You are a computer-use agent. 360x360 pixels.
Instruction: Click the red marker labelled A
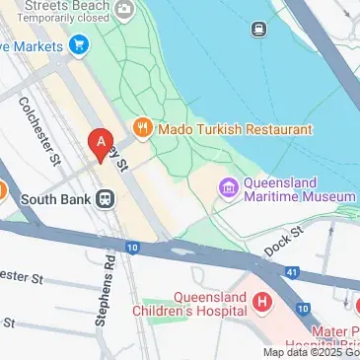tap(100, 145)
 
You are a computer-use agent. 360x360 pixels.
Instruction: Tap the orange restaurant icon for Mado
tap(143, 127)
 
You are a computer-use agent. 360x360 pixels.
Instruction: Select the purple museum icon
tap(228, 186)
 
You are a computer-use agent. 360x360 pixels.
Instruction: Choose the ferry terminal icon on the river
tap(260, 29)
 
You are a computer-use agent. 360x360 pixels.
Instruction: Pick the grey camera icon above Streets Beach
tap(126, 11)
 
